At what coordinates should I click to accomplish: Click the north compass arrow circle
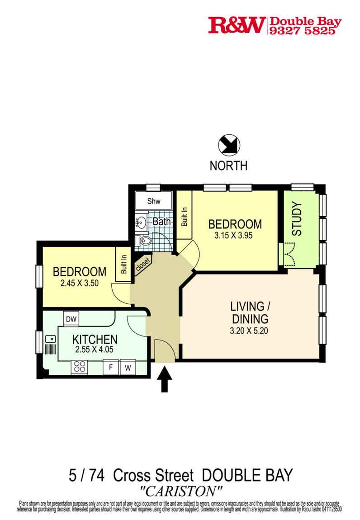[228, 146]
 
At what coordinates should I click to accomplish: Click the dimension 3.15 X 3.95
[235, 235]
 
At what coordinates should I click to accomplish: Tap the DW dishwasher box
[71, 319]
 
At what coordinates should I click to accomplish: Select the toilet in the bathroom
[144, 241]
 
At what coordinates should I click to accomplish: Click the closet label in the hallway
[143, 265]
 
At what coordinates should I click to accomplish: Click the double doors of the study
[288, 254]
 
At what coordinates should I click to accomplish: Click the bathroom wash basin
[141, 222]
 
